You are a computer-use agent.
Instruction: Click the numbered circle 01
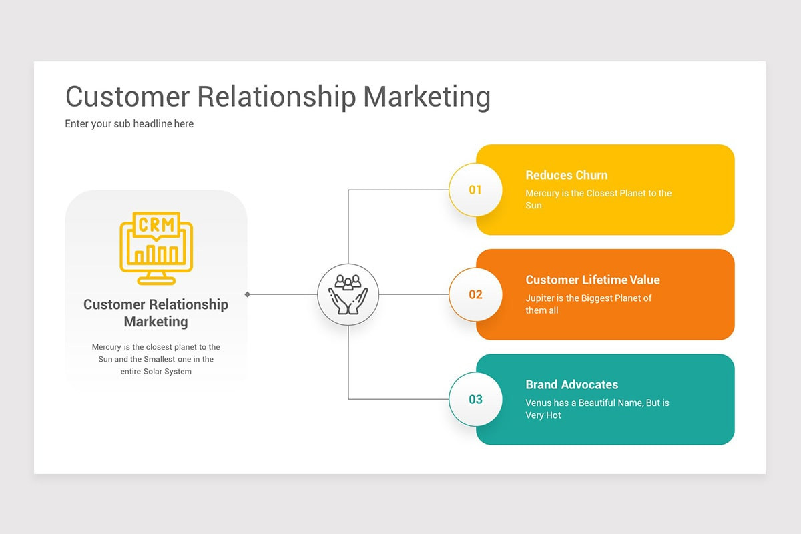[475, 190]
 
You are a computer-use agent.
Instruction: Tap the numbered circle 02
[475, 294]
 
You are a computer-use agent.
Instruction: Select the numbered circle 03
[475, 399]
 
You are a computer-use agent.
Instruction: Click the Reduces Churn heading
[566, 175]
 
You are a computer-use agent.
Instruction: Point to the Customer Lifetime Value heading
[592, 280]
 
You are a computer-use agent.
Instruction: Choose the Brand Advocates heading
[571, 384]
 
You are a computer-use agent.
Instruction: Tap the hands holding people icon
[348, 294]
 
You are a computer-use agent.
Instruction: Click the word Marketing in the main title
[427, 97]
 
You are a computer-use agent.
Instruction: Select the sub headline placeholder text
[129, 123]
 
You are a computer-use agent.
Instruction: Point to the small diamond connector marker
[248, 294]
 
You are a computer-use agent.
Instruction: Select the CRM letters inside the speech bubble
[156, 224]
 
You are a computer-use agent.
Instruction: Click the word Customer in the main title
[127, 97]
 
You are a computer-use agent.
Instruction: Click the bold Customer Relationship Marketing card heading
[156, 313]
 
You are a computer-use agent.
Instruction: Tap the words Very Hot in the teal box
[543, 415]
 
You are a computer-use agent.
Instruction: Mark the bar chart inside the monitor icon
[156, 254]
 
